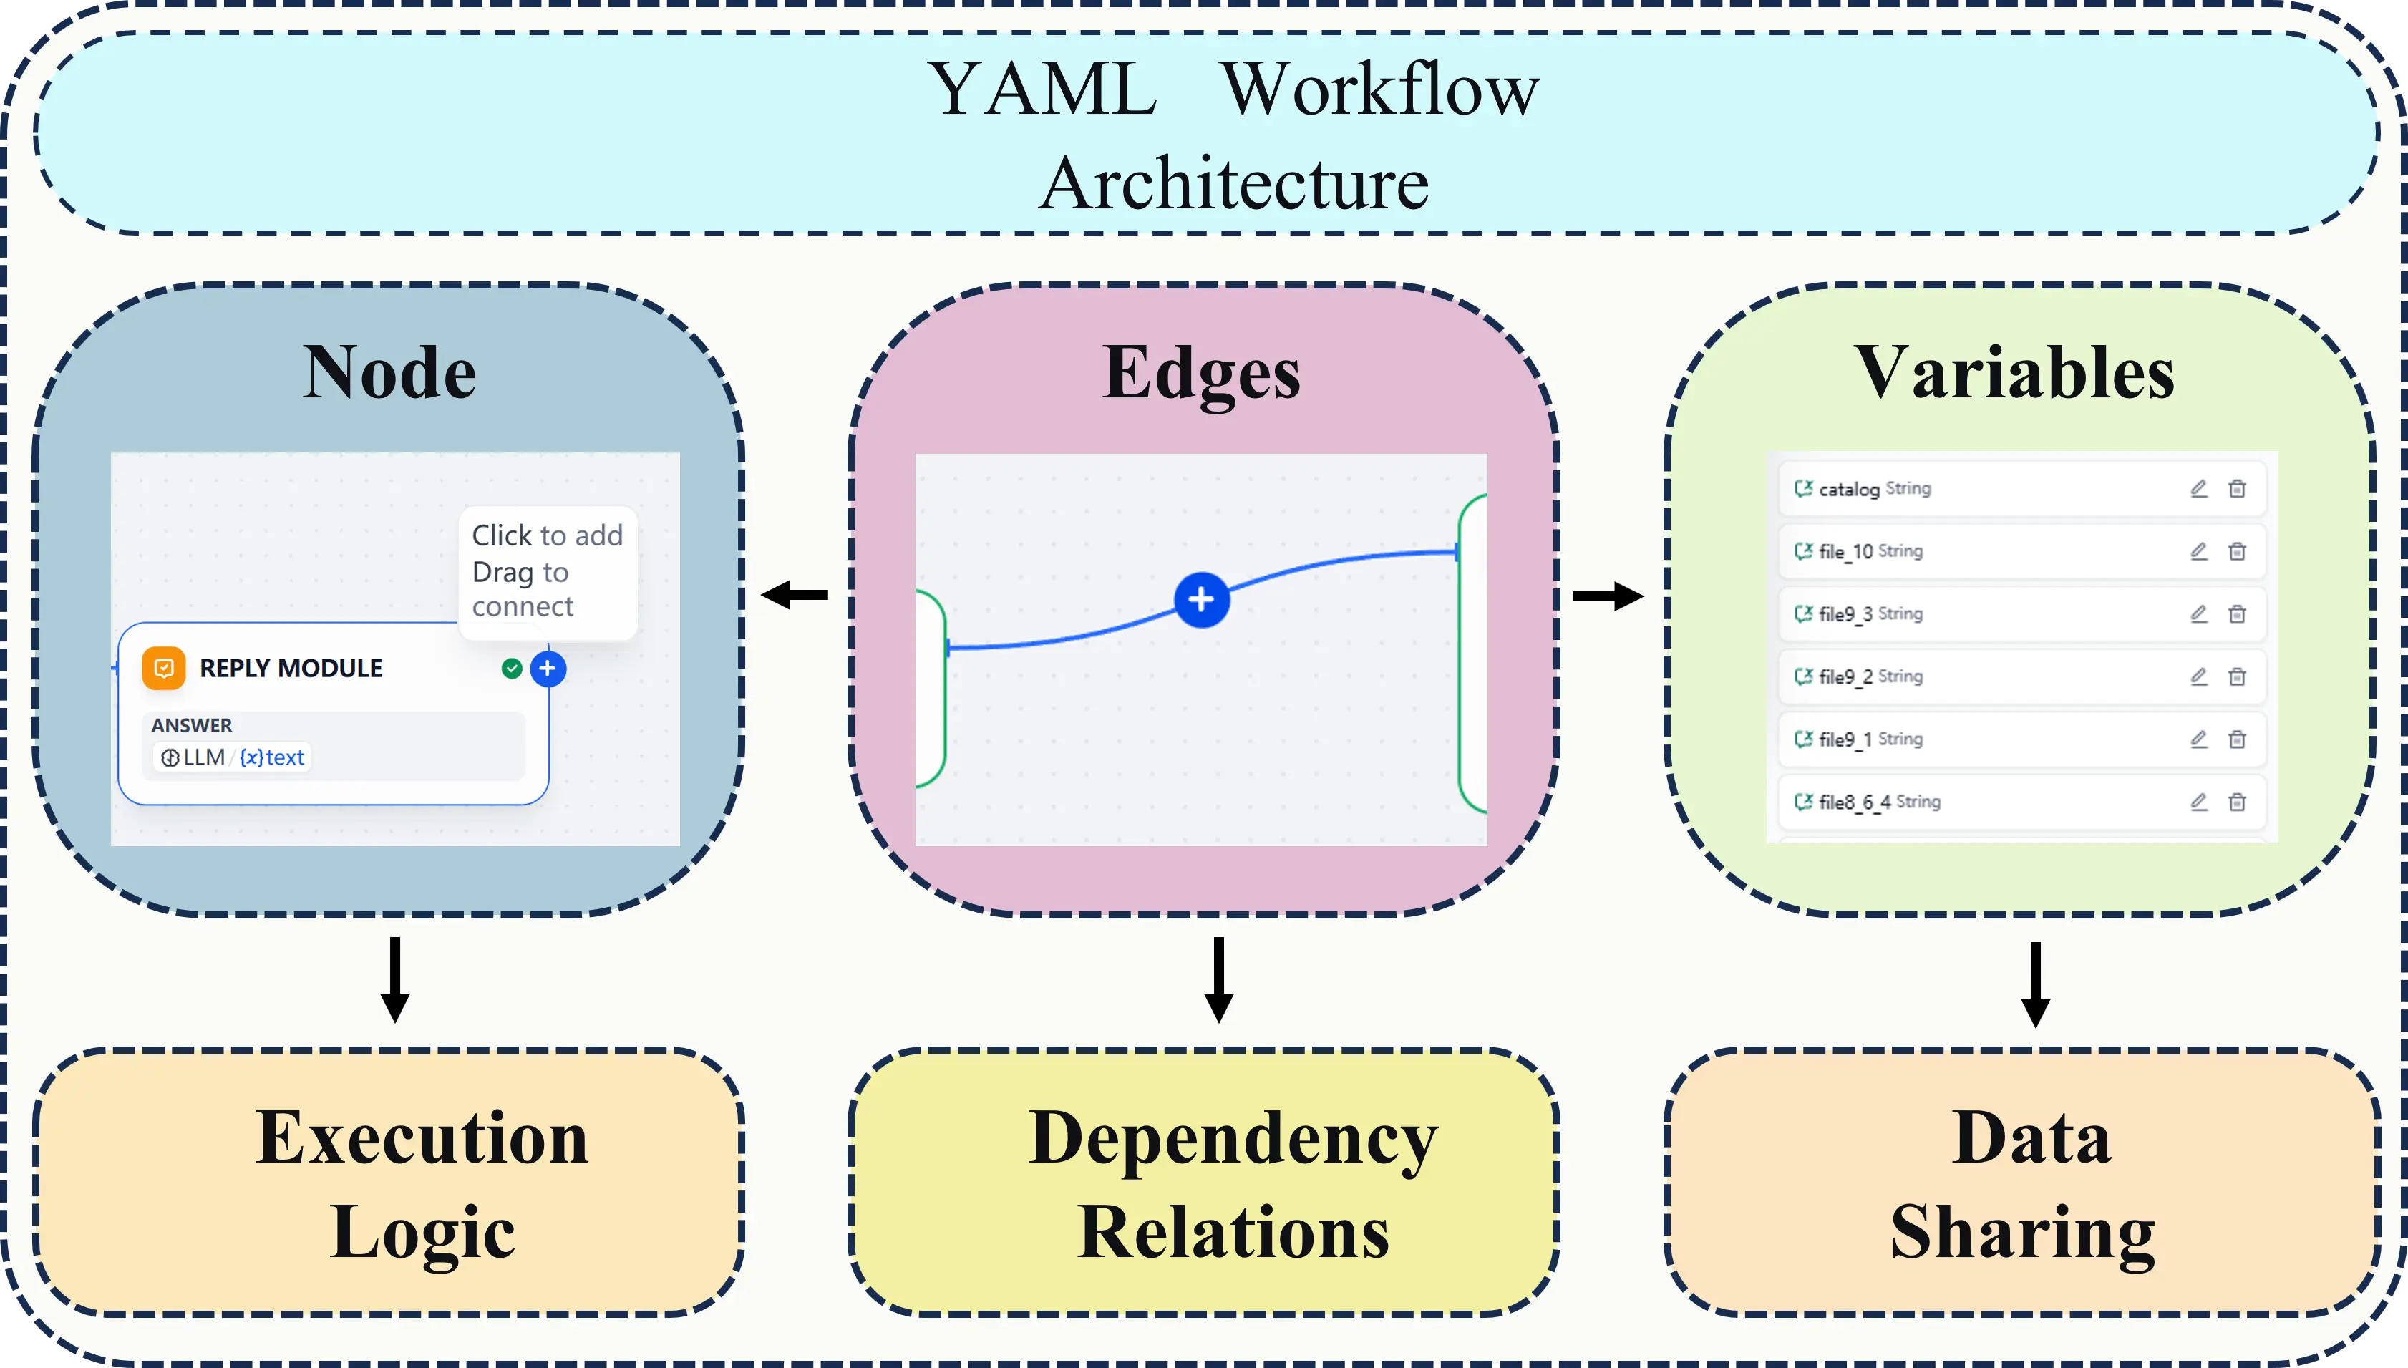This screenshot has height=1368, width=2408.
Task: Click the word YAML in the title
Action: coord(1043,90)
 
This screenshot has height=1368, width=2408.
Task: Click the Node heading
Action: coord(389,373)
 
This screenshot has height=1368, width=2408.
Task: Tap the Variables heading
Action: coord(2014,373)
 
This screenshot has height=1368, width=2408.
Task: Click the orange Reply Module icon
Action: coord(163,668)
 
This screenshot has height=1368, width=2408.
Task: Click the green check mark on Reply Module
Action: coord(512,668)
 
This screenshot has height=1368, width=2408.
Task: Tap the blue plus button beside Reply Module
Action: coord(548,668)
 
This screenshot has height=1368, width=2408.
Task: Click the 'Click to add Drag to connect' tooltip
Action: coord(547,571)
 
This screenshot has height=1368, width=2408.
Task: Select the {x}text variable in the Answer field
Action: coord(273,757)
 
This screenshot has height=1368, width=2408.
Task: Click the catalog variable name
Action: coord(1848,488)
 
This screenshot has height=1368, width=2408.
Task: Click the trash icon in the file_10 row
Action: coord(2237,551)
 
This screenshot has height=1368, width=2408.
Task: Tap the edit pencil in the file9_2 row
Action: coord(2198,676)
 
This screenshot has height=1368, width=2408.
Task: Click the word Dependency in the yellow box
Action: coord(1233,1137)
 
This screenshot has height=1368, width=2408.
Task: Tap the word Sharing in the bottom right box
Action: coord(2022,1232)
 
